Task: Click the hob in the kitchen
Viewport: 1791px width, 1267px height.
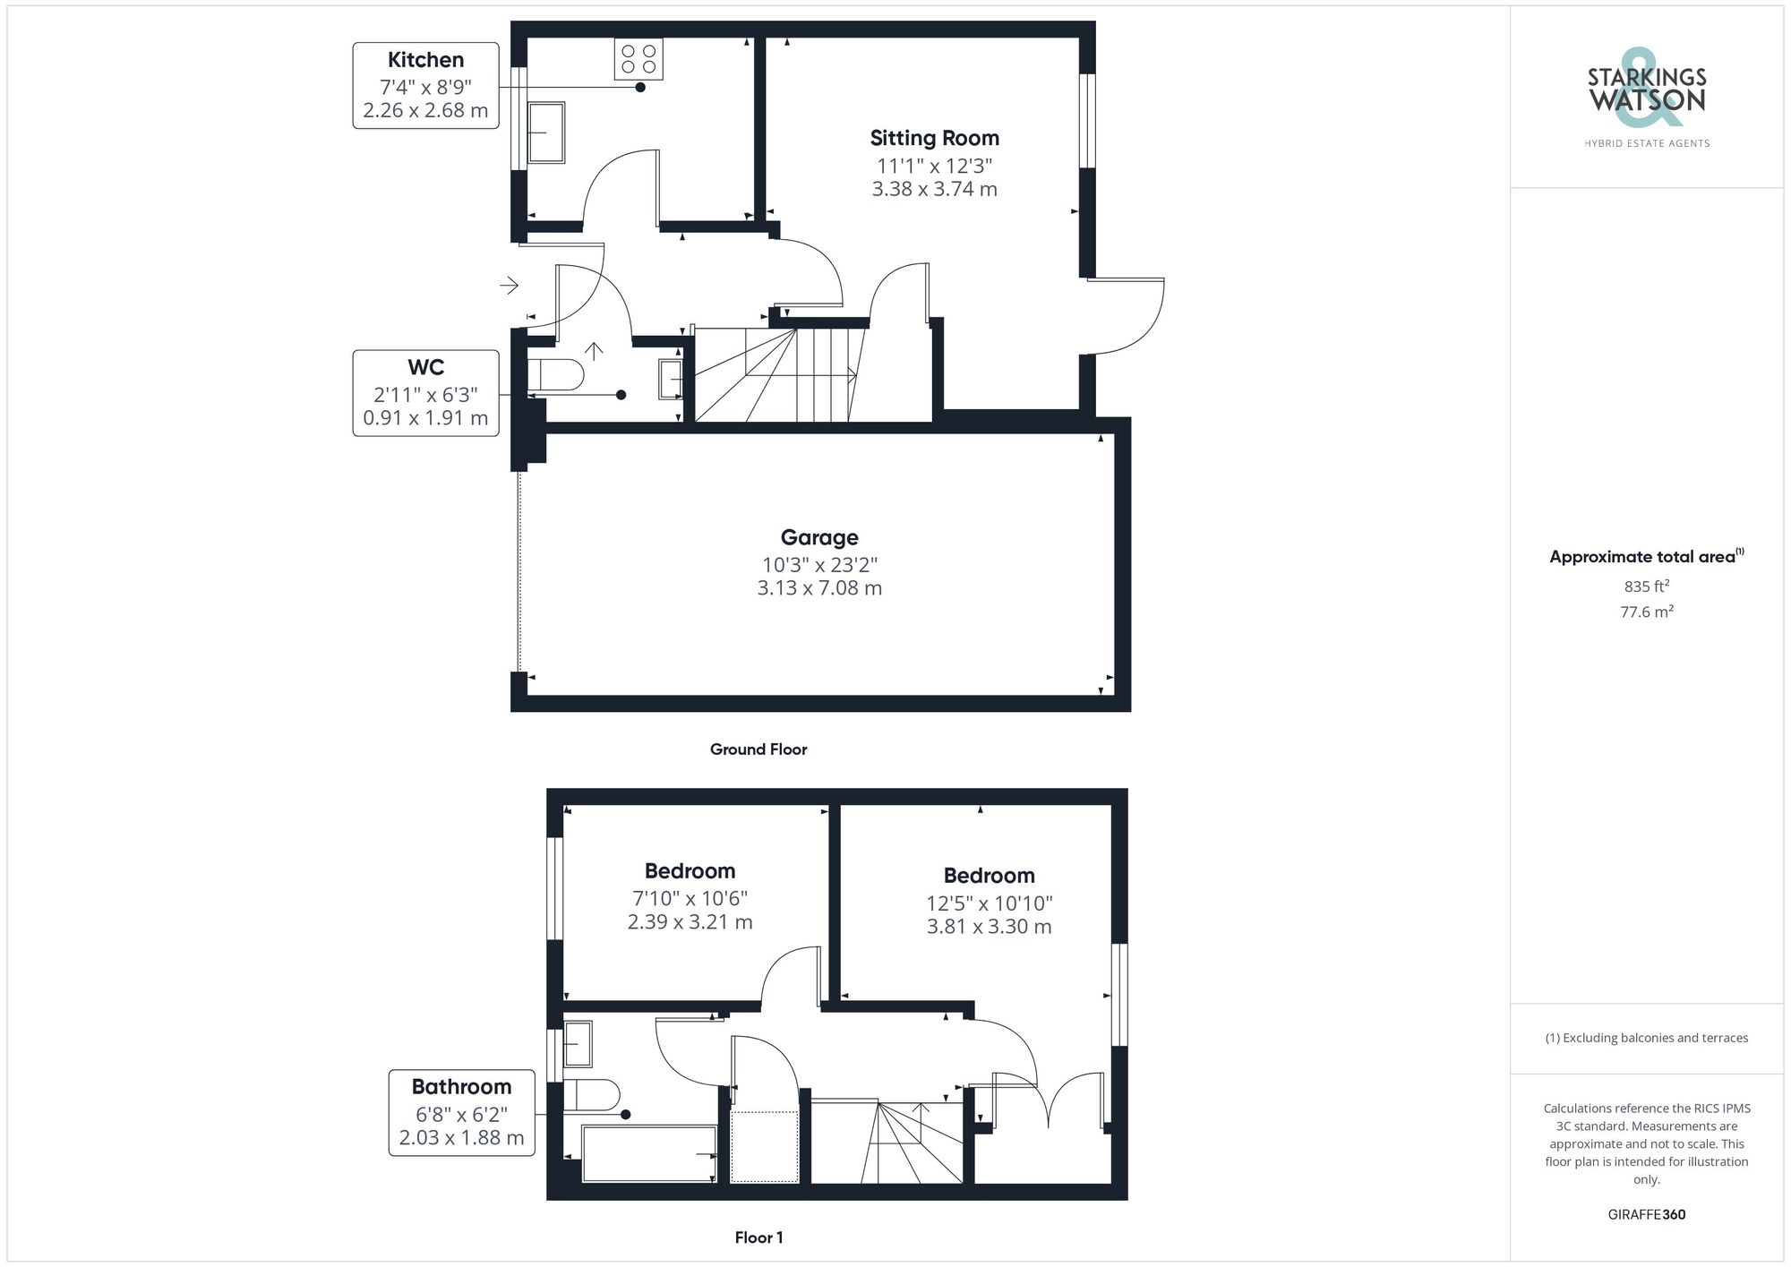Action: click(x=638, y=59)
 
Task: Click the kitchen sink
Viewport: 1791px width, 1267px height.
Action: click(x=545, y=133)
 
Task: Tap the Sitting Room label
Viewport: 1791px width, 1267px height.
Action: click(x=934, y=138)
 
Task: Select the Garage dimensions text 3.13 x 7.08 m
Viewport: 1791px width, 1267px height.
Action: click(x=819, y=588)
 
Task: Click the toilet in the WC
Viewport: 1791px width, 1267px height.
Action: click(x=555, y=374)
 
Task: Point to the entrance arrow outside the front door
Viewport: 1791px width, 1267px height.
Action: click(x=509, y=286)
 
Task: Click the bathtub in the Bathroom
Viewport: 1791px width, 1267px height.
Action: click(x=648, y=1153)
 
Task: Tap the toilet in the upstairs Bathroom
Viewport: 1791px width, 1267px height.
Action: click(x=591, y=1095)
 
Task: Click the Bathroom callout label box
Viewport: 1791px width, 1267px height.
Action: click(x=461, y=1113)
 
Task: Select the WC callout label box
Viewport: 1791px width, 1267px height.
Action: click(x=425, y=393)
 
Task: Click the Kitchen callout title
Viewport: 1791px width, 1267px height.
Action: click(x=425, y=60)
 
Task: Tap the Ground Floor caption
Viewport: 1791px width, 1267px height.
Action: click(x=758, y=749)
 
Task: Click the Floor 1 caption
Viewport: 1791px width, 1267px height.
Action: click(x=758, y=1237)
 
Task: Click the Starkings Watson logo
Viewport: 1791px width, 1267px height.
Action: click(x=1646, y=90)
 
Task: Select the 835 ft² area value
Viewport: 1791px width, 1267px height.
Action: click(x=1646, y=586)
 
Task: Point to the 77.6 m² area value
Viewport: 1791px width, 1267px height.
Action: click(x=1646, y=612)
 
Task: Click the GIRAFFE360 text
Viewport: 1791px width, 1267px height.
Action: click(x=1646, y=1214)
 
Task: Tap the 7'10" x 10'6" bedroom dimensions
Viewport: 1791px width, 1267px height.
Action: click(x=690, y=898)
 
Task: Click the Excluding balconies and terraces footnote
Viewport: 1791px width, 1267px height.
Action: click(x=1646, y=1038)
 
